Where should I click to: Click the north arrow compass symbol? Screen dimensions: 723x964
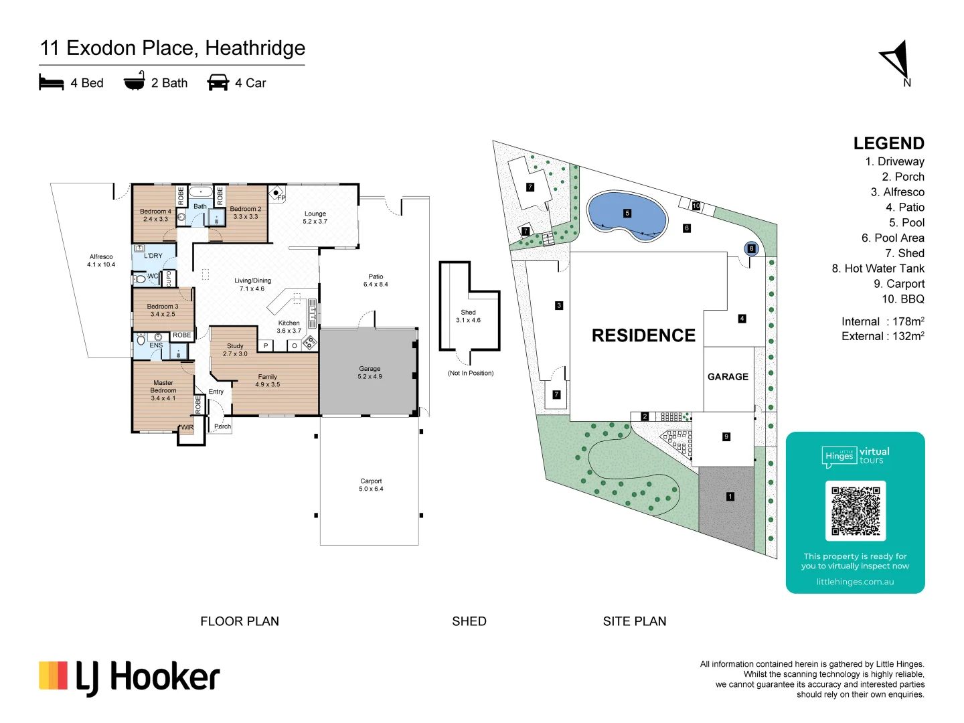tap(897, 60)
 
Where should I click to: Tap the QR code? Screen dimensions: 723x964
tap(855, 511)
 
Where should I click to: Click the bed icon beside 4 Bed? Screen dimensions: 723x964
tap(52, 82)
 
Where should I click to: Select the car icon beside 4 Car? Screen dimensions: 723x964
tap(218, 82)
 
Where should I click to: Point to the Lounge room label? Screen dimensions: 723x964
tap(315, 218)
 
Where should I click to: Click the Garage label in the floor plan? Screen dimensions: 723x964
tap(370, 372)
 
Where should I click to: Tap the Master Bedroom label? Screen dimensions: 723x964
tap(163, 390)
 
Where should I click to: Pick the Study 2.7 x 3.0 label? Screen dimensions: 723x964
tap(235, 350)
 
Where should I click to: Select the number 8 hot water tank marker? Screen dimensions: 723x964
tap(751, 248)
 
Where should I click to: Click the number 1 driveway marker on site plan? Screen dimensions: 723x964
tap(730, 497)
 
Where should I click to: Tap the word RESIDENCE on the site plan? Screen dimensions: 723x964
tap(643, 335)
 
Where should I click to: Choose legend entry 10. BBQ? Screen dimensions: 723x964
tap(902, 299)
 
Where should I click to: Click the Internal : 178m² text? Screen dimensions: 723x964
tap(882, 321)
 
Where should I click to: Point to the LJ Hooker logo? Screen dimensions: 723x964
tap(129, 677)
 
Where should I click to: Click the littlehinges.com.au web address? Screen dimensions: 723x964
tap(855, 582)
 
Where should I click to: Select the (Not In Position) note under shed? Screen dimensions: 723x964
tap(470, 373)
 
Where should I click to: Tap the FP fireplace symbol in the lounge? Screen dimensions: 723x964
tap(276, 194)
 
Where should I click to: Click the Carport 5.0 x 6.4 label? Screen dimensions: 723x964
tap(371, 485)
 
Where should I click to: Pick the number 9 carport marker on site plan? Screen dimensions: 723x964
tap(726, 437)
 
